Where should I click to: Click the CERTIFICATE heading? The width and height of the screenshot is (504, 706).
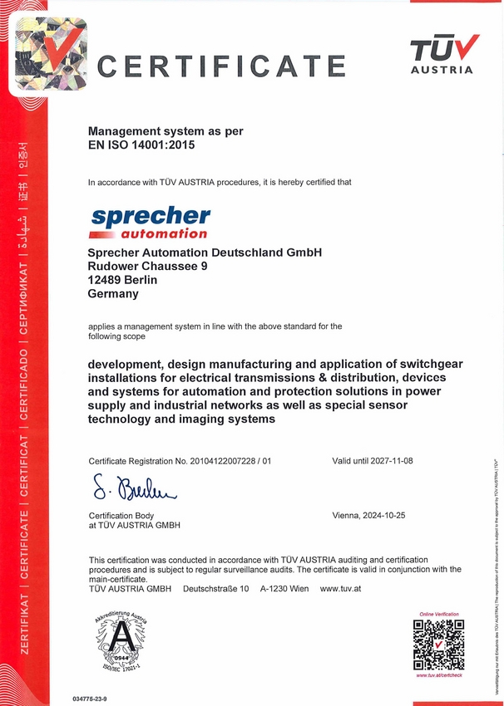point(221,65)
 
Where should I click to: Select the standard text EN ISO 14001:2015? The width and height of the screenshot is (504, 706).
point(144,145)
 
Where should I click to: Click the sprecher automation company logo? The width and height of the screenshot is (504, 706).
point(150,222)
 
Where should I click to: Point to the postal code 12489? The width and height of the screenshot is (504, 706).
point(106,280)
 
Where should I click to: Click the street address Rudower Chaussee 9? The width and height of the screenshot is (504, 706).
point(147,267)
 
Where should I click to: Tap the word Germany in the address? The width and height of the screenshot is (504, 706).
point(113,294)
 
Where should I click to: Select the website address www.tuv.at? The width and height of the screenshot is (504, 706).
point(339,589)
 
